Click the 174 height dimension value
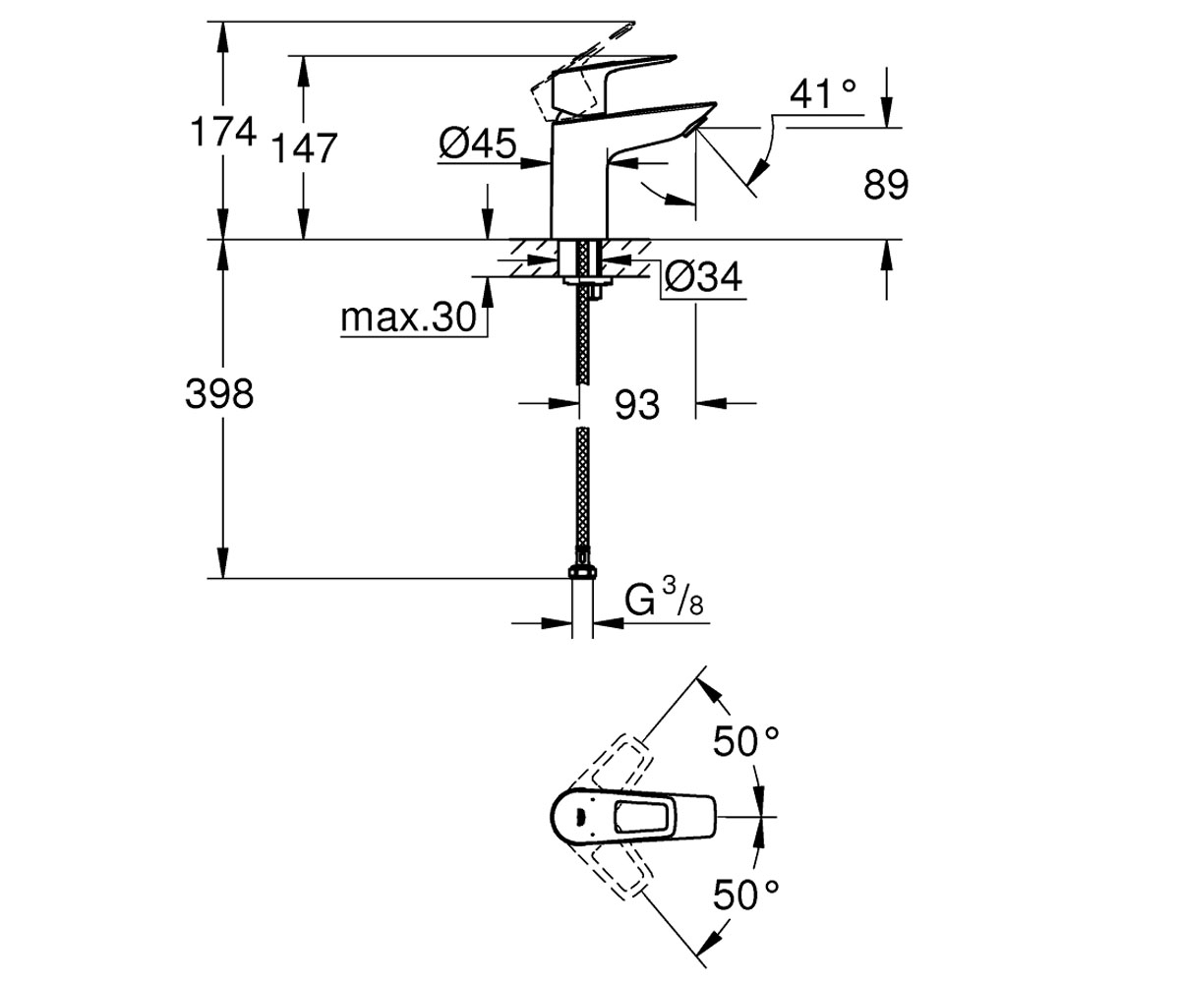[224, 132]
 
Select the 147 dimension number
[305, 148]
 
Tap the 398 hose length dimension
[219, 394]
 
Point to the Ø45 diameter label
[478, 143]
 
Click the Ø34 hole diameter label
[704, 277]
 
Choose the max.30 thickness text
[409, 317]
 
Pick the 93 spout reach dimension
[637, 404]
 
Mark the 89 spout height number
[886, 184]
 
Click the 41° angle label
[823, 93]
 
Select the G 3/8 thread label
[665, 601]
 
